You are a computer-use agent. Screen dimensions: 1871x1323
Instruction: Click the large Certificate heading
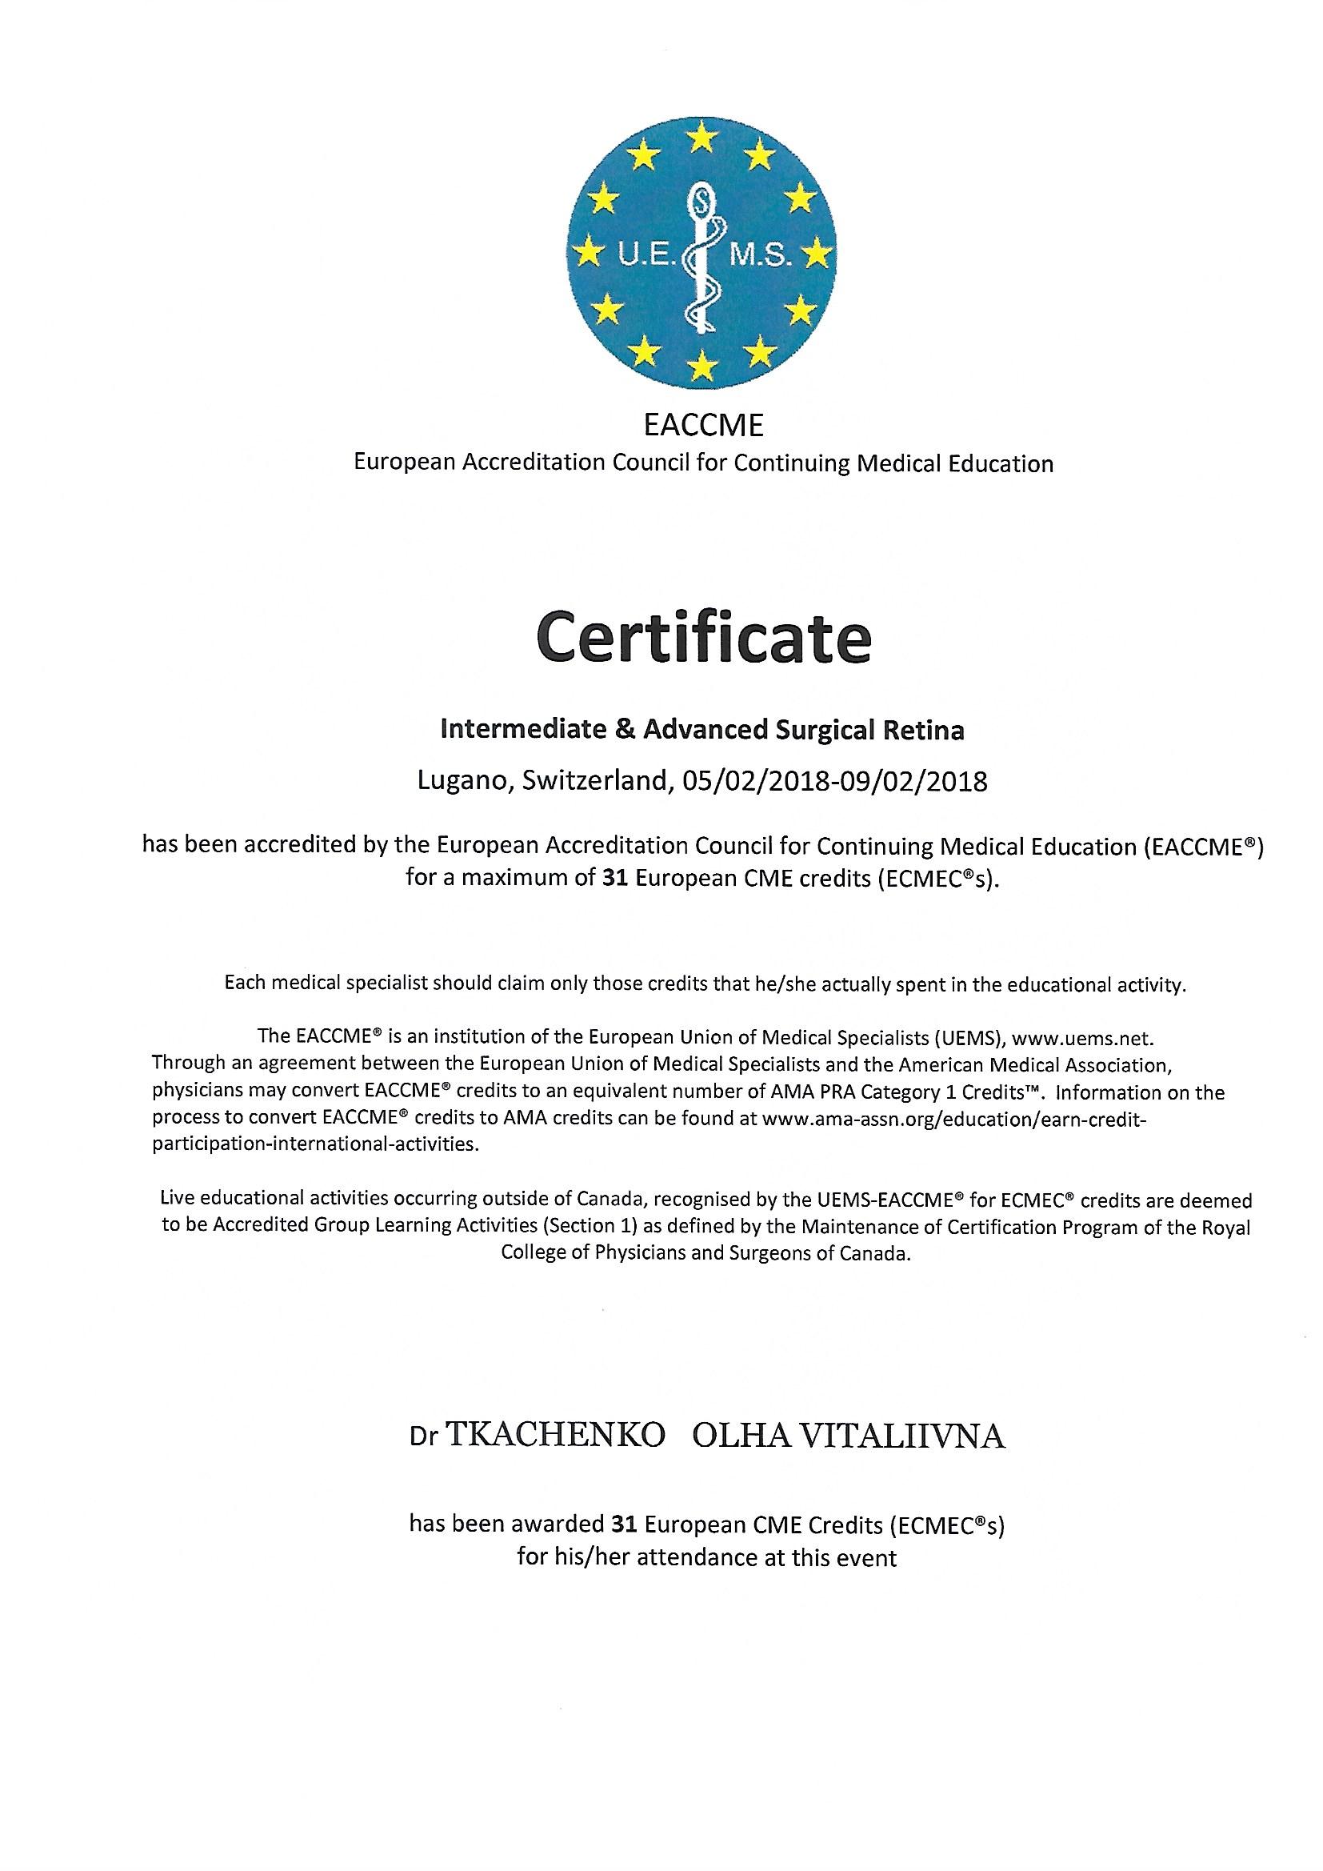[702, 641]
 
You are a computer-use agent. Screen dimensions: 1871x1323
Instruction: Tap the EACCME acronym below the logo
[702, 426]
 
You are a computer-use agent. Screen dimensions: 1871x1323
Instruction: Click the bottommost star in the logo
[702, 367]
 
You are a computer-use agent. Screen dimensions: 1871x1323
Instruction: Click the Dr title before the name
[425, 1438]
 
